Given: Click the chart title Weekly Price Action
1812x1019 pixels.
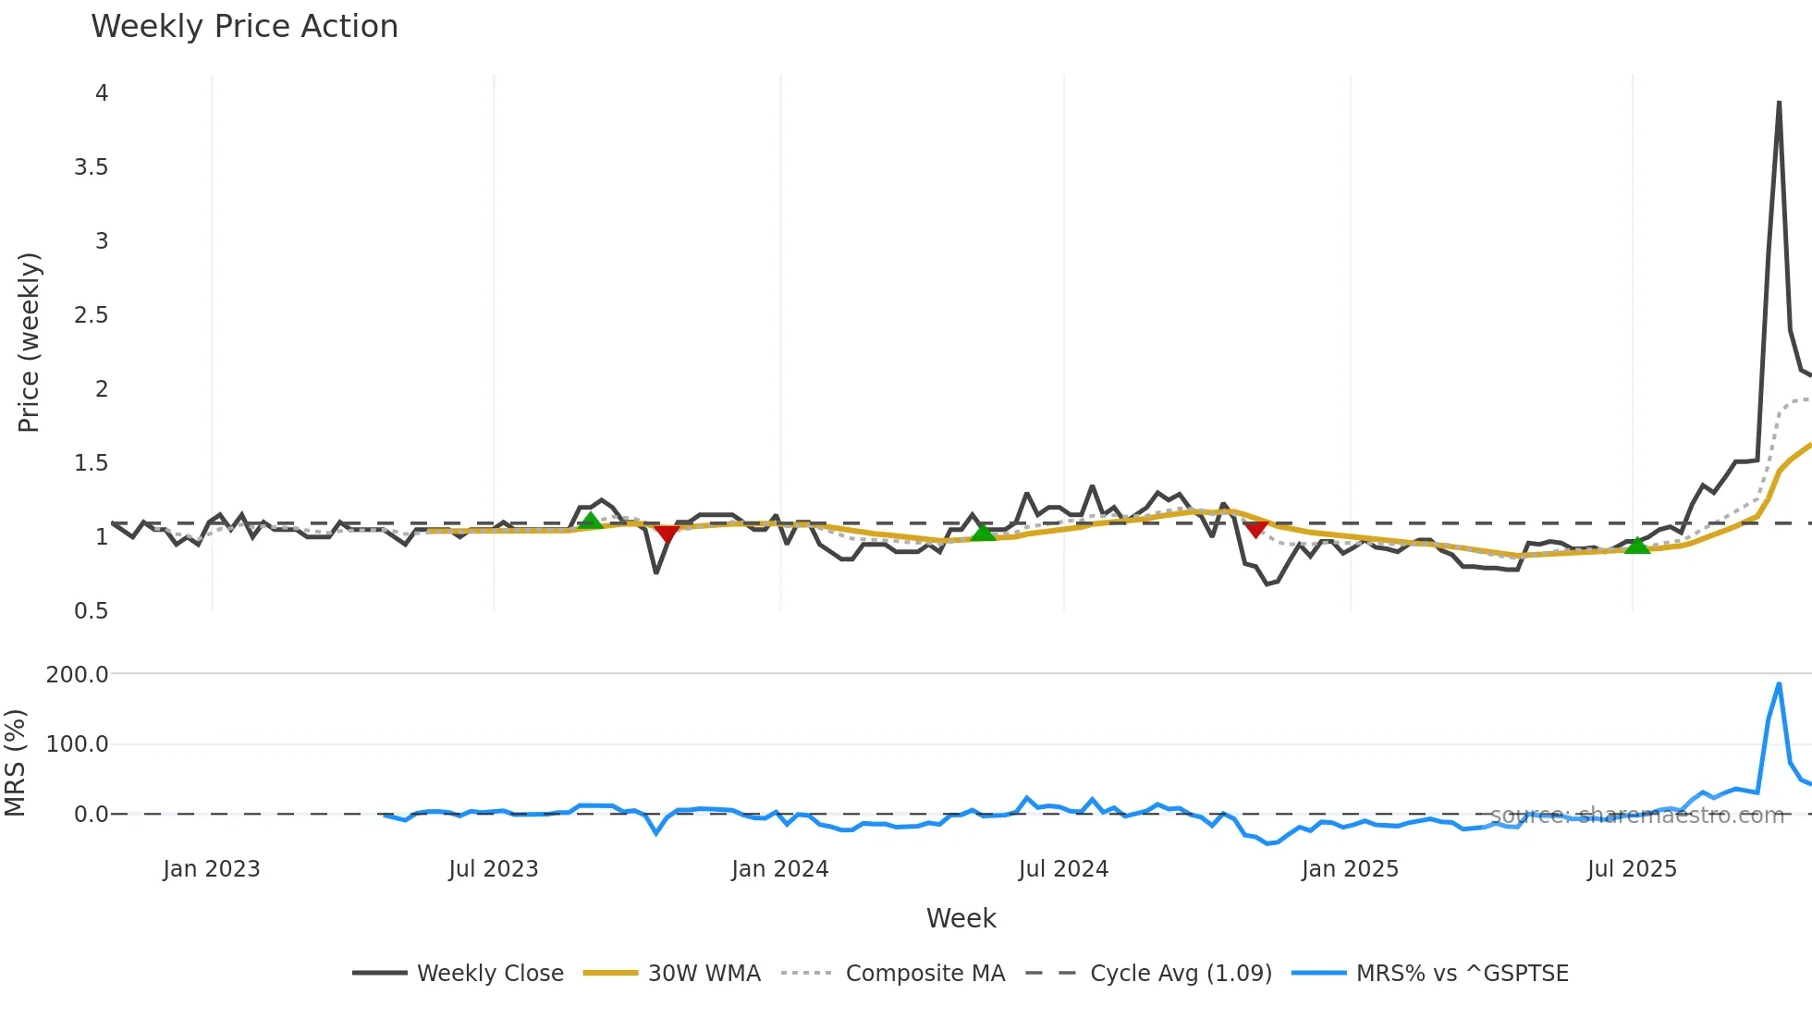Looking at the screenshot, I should (244, 27).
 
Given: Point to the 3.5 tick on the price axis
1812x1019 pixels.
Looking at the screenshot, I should (92, 167).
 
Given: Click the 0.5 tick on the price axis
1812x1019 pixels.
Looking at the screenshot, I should (92, 611).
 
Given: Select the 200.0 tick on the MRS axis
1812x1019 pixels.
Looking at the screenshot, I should (78, 675).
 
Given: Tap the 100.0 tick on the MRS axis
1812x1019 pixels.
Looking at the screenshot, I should (78, 744).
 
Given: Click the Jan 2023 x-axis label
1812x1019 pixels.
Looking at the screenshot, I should (212, 869).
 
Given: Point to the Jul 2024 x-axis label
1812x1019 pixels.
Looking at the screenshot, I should (1063, 869).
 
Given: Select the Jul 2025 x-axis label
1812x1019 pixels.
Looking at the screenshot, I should (1632, 869).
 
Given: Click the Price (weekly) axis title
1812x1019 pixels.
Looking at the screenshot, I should (29, 342).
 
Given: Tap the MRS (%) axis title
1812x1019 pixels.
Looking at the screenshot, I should (15, 763).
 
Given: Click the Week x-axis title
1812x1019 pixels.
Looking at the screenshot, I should (961, 918).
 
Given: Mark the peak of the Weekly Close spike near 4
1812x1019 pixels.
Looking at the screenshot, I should (1779, 103).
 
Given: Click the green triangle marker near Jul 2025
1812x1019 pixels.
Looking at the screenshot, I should (1637, 546).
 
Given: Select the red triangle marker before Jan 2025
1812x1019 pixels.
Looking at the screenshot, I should (1255, 529).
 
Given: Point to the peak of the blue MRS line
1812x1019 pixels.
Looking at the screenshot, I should (1779, 684).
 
